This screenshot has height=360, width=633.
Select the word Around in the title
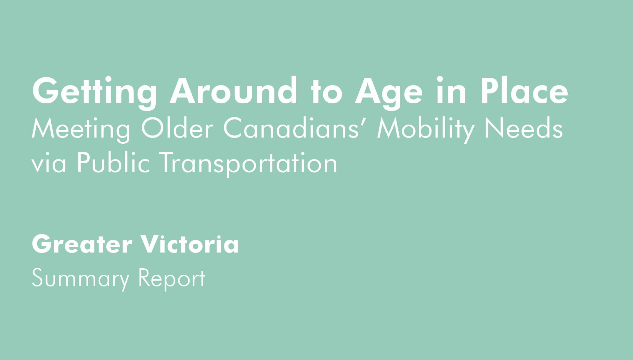click(234, 90)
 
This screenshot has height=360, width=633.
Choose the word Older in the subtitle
click(177, 127)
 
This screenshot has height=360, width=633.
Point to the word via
click(49, 163)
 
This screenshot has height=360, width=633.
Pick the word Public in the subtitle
click(113, 162)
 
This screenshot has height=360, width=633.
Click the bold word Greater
click(82, 244)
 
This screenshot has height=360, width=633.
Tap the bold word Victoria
click(190, 244)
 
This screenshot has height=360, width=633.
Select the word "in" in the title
click(452, 90)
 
